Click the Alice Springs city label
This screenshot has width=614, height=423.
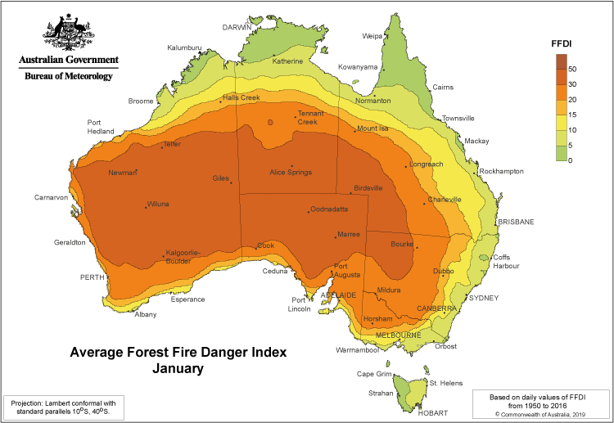pyautogui.click(x=291, y=173)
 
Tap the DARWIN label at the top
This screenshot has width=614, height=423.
pyautogui.click(x=237, y=27)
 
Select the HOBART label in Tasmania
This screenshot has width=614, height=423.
pyautogui.click(x=432, y=413)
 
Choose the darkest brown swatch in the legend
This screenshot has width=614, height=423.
pyautogui.click(x=561, y=61)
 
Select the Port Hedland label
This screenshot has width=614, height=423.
pyautogui.click(x=100, y=127)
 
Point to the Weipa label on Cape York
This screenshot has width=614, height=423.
pyautogui.click(x=372, y=36)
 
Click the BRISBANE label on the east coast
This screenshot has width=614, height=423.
pyautogui.click(x=516, y=222)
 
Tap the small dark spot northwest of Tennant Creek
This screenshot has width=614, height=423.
pyautogui.click(x=269, y=124)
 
